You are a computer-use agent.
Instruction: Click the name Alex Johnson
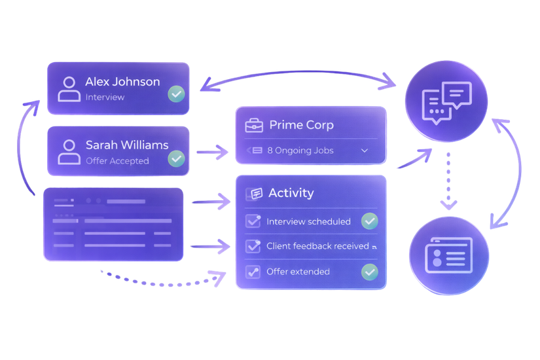point(122,82)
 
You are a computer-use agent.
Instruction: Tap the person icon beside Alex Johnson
point(69,89)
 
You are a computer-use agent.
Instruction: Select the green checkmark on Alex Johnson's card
point(175,94)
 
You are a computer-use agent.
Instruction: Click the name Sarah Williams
point(127,145)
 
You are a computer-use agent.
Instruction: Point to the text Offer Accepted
point(117,161)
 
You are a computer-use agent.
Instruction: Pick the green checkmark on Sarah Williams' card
point(175,158)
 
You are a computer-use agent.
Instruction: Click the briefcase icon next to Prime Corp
point(254,125)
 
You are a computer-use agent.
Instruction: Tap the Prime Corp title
point(301,125)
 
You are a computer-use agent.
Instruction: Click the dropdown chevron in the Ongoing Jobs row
point(365,151)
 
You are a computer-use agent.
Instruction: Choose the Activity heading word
point(291,193)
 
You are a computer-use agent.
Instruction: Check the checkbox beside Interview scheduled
point(253,221)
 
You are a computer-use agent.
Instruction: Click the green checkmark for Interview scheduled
point(370,221)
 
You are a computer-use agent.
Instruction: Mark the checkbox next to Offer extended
point(253,271)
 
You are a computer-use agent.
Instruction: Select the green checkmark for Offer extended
point(370,271)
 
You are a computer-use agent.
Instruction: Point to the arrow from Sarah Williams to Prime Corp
point(212,153)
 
